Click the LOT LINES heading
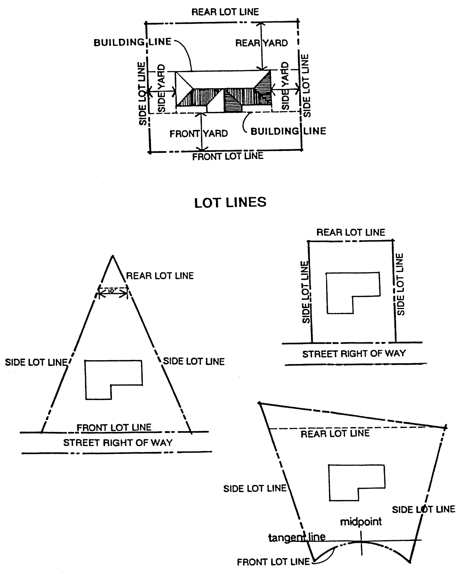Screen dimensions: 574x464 click(x=230, y=202)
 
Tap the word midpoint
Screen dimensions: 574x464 click(x=361, y=521)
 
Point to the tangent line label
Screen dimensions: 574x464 click(x=297, y=537)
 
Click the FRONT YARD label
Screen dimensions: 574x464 click(x=198, y=133)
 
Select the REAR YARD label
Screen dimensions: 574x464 click(x=261, y=43)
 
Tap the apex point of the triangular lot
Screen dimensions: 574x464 click(x=113, y=256)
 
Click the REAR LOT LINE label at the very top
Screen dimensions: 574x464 click(x=225, y=12)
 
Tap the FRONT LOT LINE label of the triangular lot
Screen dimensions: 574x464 click(x=114, y=427)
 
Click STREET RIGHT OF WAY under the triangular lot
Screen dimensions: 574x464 click(x=118, y=443)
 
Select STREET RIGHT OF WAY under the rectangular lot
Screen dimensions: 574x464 click(x=354, y=354)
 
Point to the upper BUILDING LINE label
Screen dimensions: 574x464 click(x=132, y=42)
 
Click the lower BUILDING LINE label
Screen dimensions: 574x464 click(x=288, y=131)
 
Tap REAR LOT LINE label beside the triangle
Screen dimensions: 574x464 click(x=160, y=276)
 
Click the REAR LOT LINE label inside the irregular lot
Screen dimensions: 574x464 click(x=335, y=434)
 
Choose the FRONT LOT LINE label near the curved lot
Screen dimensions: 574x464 click(x=273, y=562)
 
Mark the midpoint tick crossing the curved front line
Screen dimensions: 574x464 click(x=361, y=542)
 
